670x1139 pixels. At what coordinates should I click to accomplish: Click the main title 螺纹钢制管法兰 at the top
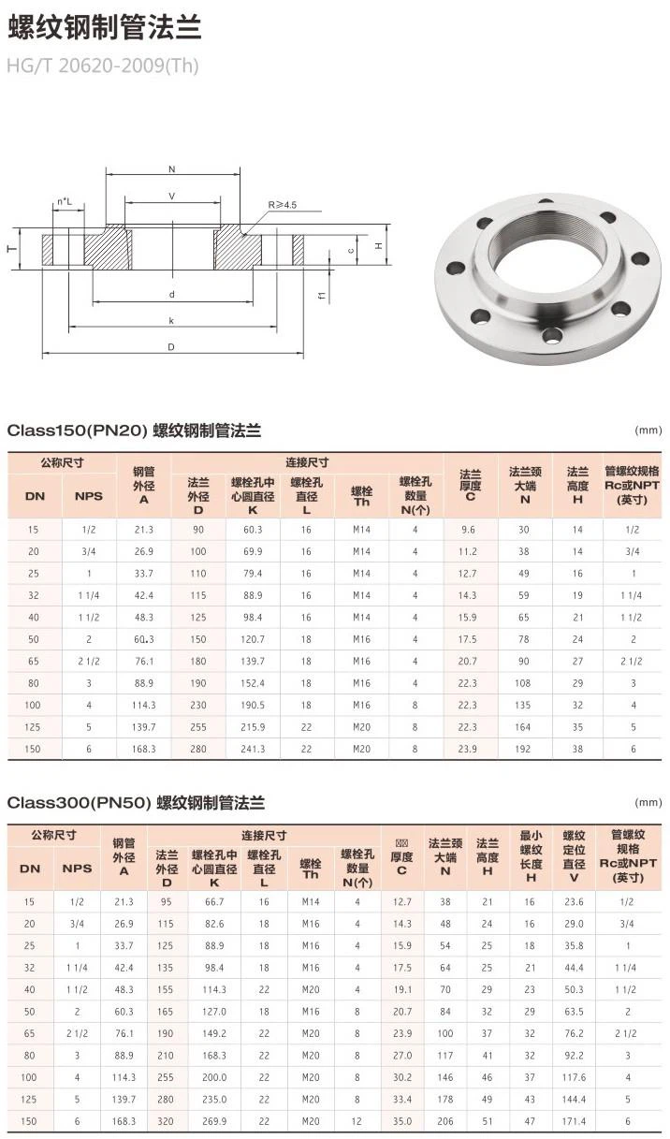pos(104,28)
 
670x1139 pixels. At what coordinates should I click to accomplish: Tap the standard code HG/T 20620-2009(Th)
pos(102,66)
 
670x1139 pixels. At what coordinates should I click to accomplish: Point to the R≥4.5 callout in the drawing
pos(282,203)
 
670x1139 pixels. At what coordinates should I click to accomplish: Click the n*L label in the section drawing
pos(64,201)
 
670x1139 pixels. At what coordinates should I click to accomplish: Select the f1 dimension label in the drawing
pos(321,296)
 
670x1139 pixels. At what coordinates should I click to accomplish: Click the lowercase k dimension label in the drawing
pos(172,320)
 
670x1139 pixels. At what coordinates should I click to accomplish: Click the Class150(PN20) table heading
pos(134,431)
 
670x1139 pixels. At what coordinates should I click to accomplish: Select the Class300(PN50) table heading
pos(136,802)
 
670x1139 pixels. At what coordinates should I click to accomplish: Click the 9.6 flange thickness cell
pos(468,529)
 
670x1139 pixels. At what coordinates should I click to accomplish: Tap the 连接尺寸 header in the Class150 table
pos(307,462)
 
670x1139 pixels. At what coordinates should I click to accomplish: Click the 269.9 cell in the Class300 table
pos(214,1120)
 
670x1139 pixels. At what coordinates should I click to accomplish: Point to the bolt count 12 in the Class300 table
pos(357,1120)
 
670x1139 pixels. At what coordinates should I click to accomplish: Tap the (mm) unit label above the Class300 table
pos(648,802)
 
